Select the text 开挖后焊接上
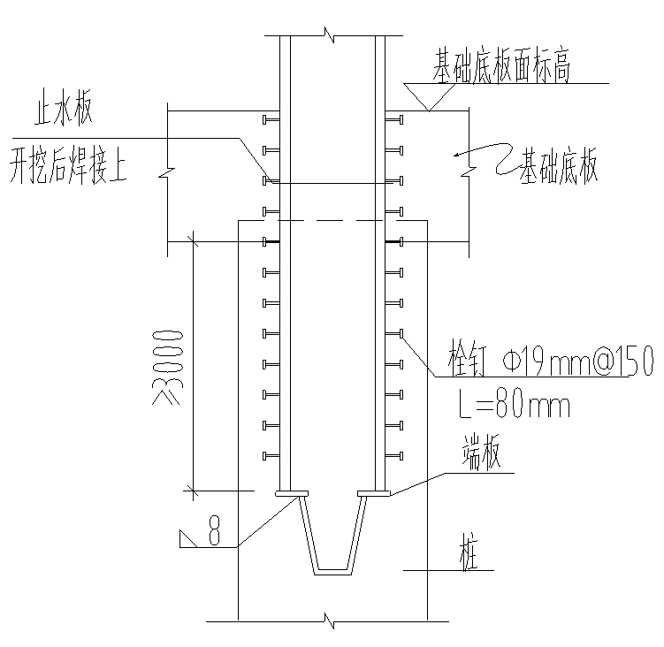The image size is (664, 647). pyautogui.click(x=68, y=164)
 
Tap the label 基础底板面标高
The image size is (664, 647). pyautogui.click(x=501, y=66)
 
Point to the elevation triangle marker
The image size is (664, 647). pyautogui.click(x=429, y=96)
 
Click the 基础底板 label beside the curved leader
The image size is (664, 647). pyautogui.click(x=559, y=165)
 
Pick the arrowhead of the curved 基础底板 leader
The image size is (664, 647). pyautogui.click(x=457, y=154)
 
